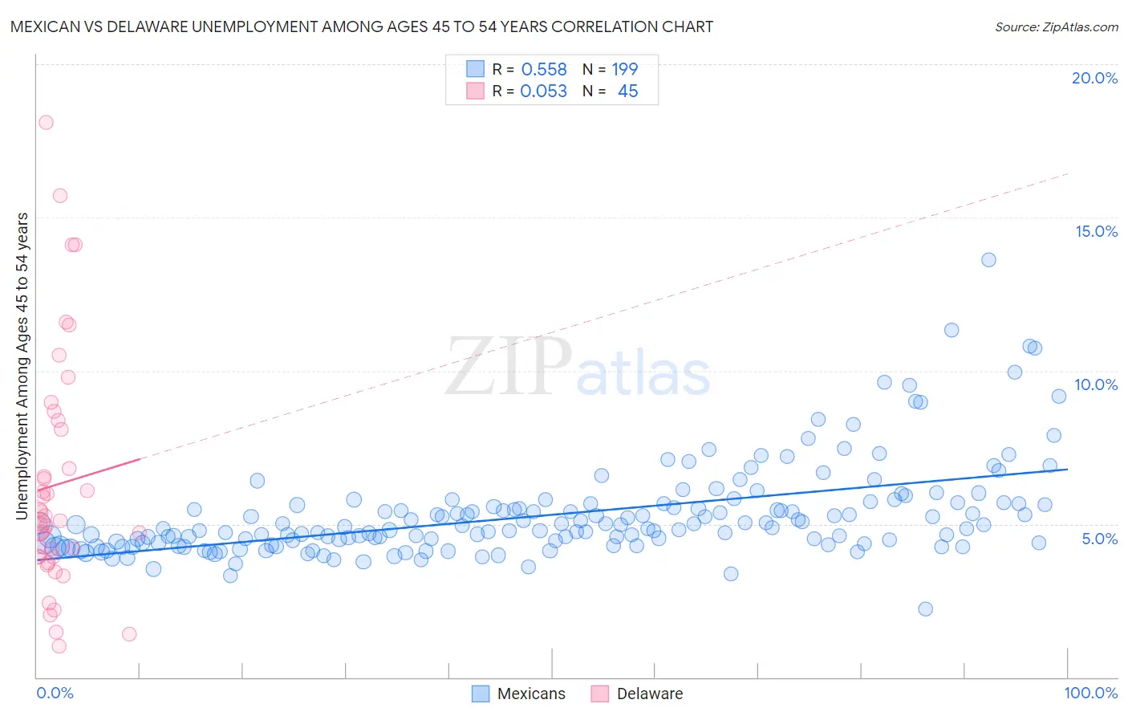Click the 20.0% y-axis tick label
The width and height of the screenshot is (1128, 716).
coord(1094,78)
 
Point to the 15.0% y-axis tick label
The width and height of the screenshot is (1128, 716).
coord(1096,231)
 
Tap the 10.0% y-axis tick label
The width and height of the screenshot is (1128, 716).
coord(1096,384)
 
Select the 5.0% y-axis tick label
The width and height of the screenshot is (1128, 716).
coord(1099,538)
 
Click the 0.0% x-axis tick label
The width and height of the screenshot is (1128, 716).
coord(55,693)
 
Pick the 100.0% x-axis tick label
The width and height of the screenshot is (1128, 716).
coord(1090,693)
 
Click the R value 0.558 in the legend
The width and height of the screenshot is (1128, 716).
coord(544,70)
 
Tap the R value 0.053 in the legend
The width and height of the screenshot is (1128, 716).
coord(543,92)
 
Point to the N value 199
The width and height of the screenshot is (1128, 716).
coord(625,70)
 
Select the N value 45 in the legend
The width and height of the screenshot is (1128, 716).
coord(628,92)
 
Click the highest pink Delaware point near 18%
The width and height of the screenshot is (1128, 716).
coord(46,122)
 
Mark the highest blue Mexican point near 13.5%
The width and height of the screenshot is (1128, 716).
coord(988,259)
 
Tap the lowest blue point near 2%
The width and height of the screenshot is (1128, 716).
coord(925,608)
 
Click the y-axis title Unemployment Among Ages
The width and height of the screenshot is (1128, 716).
coord(22,365)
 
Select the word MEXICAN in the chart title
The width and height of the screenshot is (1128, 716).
coord(47,26)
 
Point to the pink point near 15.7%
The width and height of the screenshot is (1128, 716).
coord(60,195)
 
